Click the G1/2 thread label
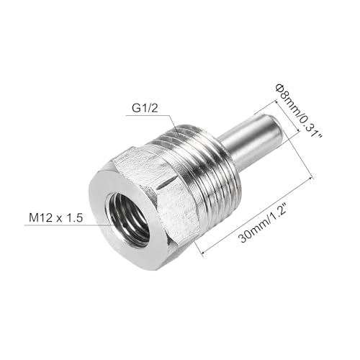point(144,110)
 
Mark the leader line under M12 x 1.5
point(65,226)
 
